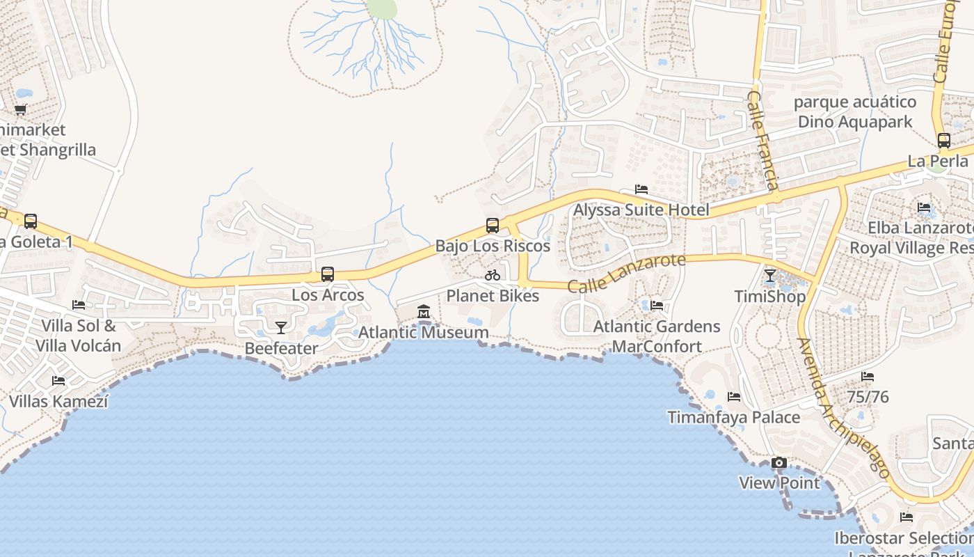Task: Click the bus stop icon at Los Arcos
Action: click(x=328, y=274)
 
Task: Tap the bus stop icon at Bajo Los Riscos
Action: click(x=493, y=225)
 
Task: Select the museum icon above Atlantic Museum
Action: click(x=424, y=312)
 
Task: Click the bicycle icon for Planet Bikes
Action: click(x=493, y=275)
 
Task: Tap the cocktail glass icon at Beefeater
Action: click(x=281, y=327)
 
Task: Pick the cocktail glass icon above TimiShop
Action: click(x=769, y=276)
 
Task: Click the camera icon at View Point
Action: click(x=779, y=462)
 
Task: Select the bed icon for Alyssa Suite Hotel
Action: click(x=641, y=189)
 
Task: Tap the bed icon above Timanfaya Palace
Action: click(x=734, y=397)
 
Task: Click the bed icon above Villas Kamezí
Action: click(x=58, y=381)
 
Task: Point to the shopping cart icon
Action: click(x=21, y=109)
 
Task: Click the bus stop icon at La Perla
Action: click(x=943, y=140)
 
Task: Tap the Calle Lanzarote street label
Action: click(x=626, y=273)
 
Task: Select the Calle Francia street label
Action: click(x=763, y=139)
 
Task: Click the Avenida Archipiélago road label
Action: click(x=843, y=408)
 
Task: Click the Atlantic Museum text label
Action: click(x=423, y=333)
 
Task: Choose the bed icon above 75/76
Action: click(x=868, y=377)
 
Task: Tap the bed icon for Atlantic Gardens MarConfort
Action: click(x=656, y=306)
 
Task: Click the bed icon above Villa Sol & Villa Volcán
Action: click(x=79, y=305)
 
